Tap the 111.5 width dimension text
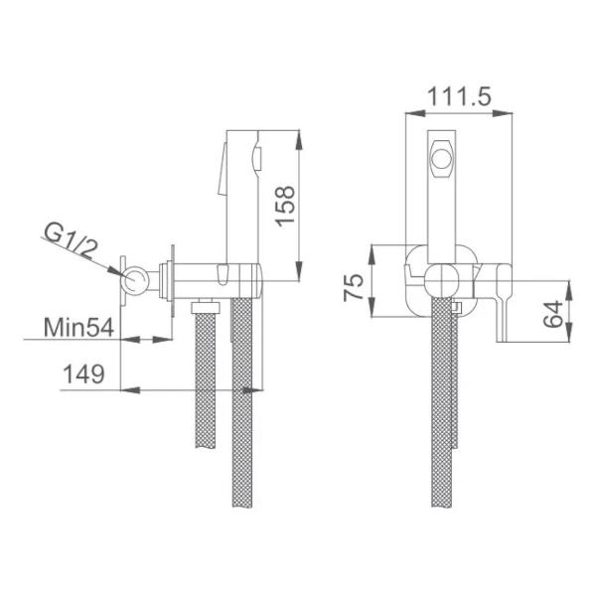(x=458, y=97)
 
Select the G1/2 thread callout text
(x=71, y=241)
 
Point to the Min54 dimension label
(x=75, y=326)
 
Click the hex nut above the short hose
(x=207, y=303)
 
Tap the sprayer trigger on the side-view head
(x=258, y=157)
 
